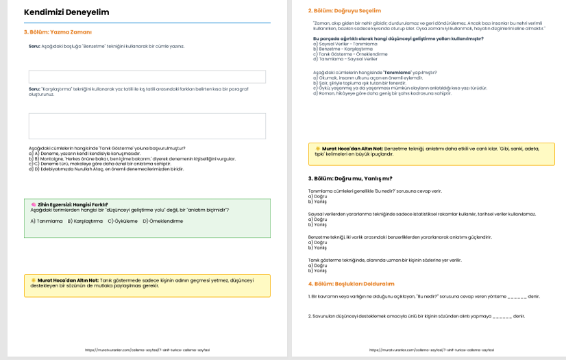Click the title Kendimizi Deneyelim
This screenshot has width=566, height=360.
(66, 12)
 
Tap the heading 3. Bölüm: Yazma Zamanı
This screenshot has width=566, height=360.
(58, 32)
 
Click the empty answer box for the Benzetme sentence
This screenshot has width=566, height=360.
(147, 77)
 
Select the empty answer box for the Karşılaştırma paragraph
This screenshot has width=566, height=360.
(147, 126)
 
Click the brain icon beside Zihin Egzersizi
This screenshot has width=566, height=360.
(34, 204)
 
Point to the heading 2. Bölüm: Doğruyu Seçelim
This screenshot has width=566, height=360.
(344, 10)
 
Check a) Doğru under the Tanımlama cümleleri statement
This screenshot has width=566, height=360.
(317, 196)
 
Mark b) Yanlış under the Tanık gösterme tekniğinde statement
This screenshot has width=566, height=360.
(317, 271)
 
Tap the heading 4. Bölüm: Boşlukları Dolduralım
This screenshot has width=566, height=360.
(351, 283)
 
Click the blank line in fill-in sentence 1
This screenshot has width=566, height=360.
(517, 297)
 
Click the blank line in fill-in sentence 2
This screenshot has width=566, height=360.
(502, 316)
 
